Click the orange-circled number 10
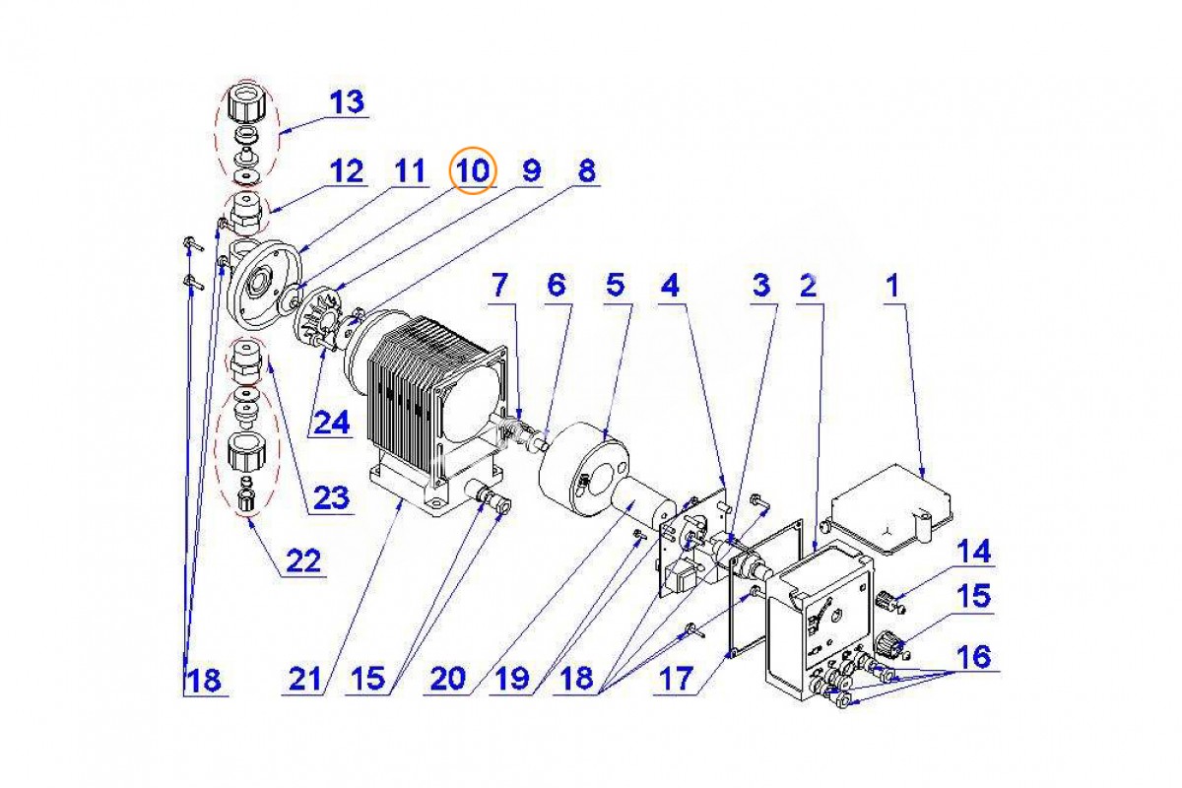pyautogui.click(x=473, y=170)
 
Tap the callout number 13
pyautogui.click(x=347, y=101)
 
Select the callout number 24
pyautogui.click(x=330, y=423)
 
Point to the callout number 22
pyautogui.click(x=304, y=560)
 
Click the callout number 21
pyautogui.click(x=305, y=679)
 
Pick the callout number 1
pyautogui.click(x=891, y=286)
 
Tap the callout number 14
pyautogui.click(x=974, y=551)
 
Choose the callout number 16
pyautogui.click(x=974, y=657)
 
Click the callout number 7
pyautogui.click(x=499, y=286)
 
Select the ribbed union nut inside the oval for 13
pyautogui.click(x=245, y=103)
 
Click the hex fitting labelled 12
pyautogui.click(x=245, y=214)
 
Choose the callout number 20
pyautogui.click(x=448, y=679)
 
